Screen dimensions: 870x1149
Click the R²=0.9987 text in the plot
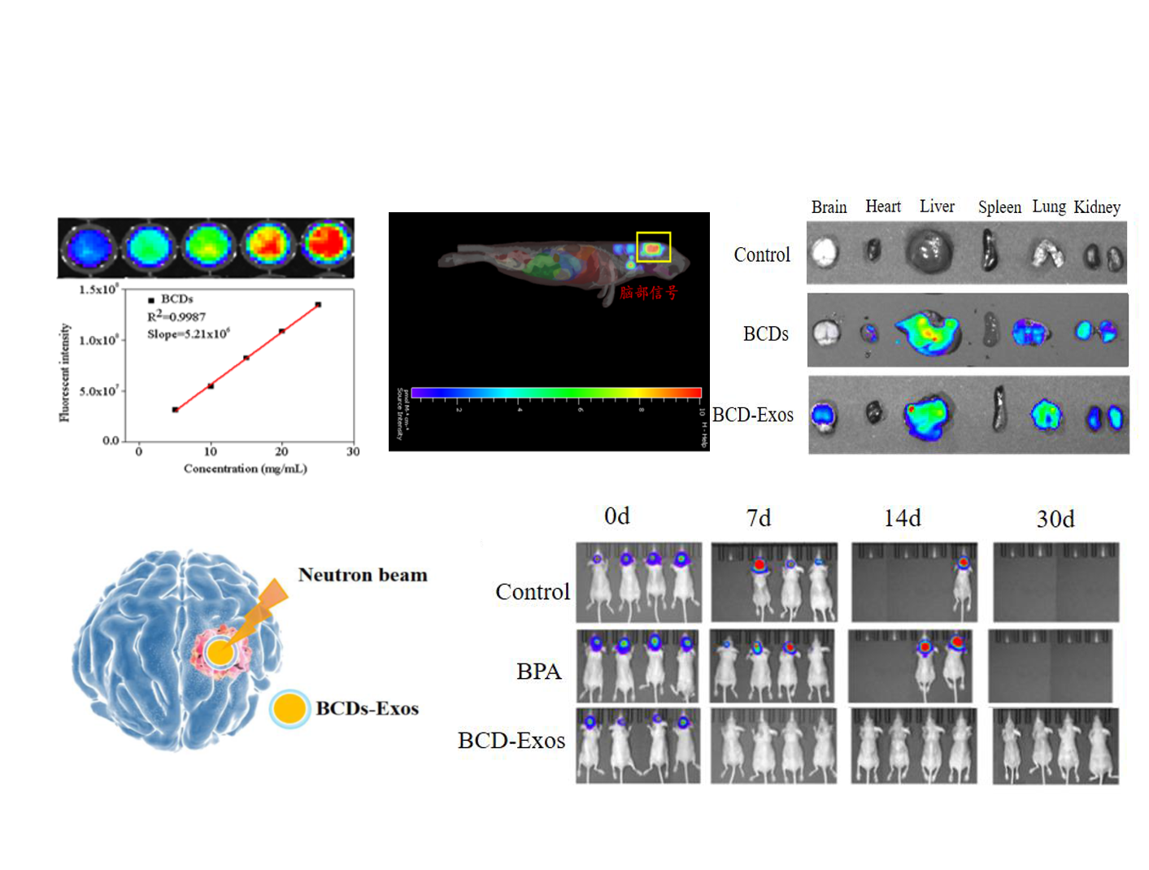click(176, 316)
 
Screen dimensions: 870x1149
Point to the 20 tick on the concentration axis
click(281, 451)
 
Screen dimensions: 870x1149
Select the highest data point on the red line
click(318, 305)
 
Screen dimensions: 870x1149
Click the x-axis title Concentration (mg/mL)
click(245, 468)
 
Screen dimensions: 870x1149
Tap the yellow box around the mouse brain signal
click(653, 247)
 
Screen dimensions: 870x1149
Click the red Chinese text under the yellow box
click(648, 292)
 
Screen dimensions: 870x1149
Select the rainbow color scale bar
click(556, 393)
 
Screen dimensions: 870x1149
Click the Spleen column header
click(999, 207)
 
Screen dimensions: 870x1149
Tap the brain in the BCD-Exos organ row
click(824, 415)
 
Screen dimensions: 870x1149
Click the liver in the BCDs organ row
click(928, 332)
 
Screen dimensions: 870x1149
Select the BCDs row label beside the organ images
click(765, 334)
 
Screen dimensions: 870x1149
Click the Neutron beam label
click(363, 575)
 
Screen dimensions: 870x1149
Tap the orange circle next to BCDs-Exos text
click(289, 708)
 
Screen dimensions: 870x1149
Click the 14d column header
click(903, 518)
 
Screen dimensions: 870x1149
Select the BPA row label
click(538, 672)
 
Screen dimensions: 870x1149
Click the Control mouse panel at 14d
click(914, 582)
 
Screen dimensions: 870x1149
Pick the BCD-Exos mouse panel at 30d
click(1055, 746)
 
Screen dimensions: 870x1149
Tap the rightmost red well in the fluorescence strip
click(328, 243)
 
